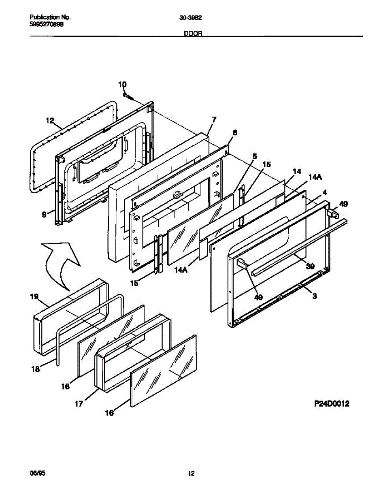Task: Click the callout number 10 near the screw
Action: tap(122, 84)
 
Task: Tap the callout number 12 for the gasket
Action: tap(49, 120)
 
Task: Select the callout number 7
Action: tap(214, 119)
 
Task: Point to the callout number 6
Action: tap(235, 132)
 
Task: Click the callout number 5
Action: tap(254, 156)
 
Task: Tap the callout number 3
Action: tap(315, 296)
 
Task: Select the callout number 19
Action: tap(34, 297)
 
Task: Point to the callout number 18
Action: tap(36, 369)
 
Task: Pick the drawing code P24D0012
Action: tap(331, 403)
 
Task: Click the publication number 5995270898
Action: tap(47, 24)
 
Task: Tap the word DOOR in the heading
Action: tap(193, 34)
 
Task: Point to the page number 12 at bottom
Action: tap(191, 473)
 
